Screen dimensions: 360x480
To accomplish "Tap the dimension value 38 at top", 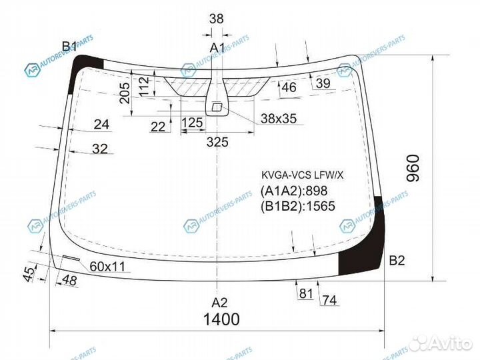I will (x=217, y=19).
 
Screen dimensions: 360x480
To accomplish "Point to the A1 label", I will (x=217, y=47).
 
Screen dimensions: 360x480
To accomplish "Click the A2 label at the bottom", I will (x=219, y=301).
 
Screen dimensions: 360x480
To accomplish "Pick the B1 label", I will (x=70, y=46).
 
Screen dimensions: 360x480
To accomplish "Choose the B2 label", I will (x=397, y=261).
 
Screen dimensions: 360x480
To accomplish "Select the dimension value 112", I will (x=142, y=85).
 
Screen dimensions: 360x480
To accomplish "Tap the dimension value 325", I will (x=217, y=141).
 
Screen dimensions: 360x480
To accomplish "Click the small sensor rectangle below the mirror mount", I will (x=217, y=107).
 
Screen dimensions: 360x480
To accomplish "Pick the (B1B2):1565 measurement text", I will (x=297, y=206).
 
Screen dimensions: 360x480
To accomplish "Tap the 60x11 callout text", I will (x=107, y=266).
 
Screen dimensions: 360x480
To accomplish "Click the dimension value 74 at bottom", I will (x=329, y=301).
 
